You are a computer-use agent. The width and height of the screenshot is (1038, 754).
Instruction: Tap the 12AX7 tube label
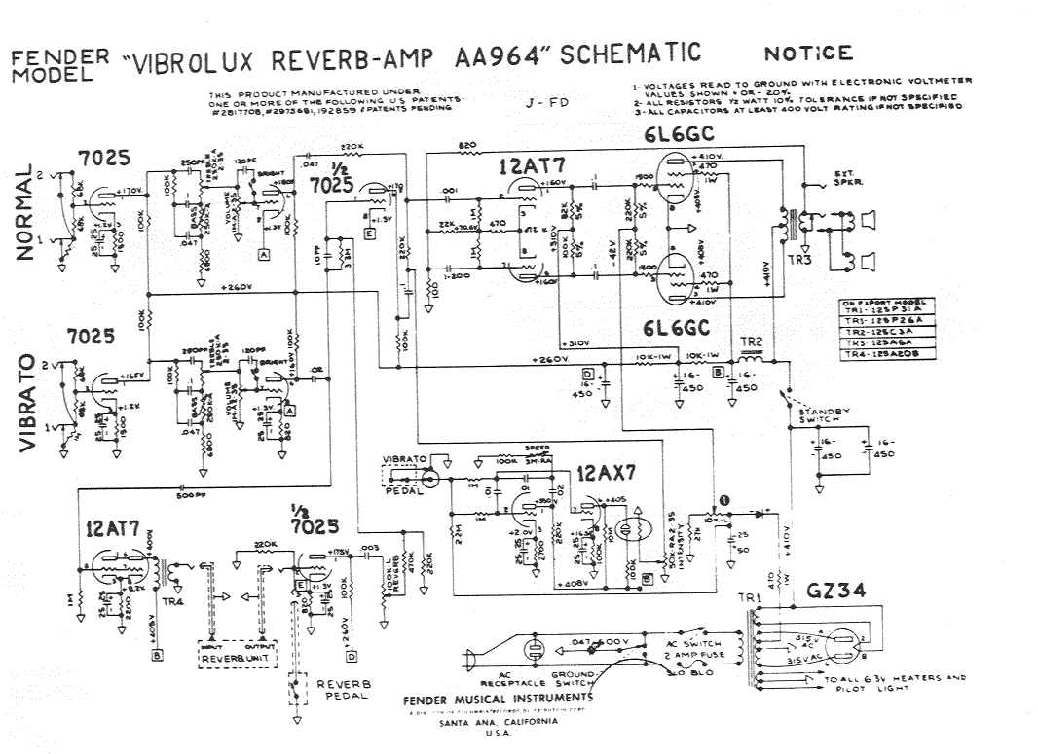coord(608,475)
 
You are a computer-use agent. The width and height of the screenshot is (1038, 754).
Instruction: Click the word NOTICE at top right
coord(808,54)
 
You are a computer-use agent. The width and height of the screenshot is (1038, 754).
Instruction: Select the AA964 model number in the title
coord(500,56)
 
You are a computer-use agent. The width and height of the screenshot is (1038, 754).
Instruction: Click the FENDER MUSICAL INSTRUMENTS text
coord(498,700)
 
